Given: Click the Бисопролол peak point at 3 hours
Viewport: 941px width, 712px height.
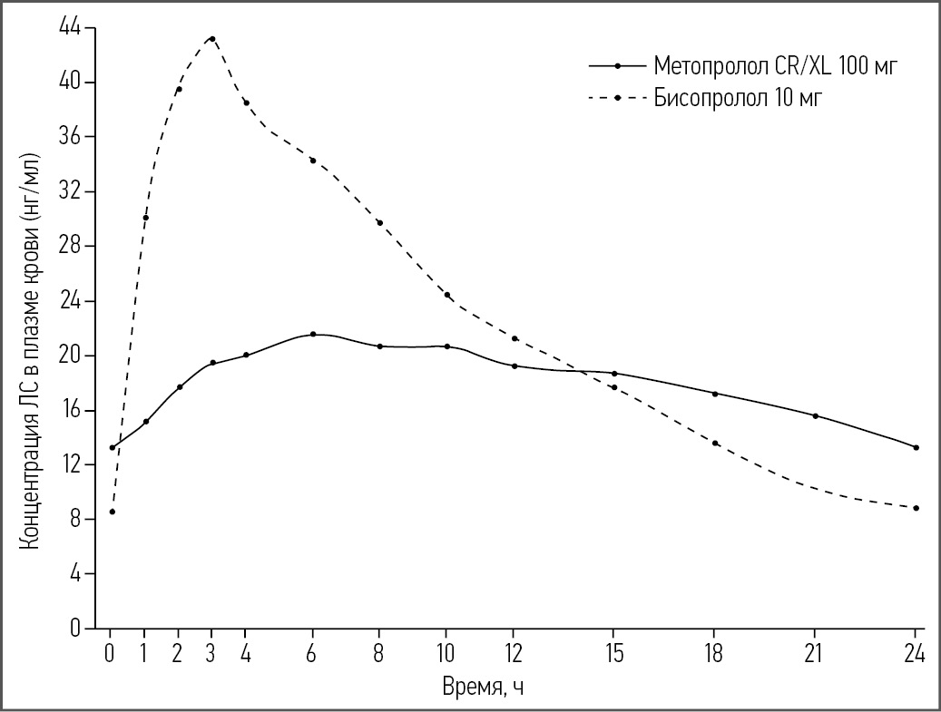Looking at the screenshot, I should [212, 39].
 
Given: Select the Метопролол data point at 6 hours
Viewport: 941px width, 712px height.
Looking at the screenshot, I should [313, 334].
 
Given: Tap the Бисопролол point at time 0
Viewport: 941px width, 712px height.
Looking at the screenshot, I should [112, 512].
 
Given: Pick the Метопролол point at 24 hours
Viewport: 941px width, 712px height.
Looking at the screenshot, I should [916, 447].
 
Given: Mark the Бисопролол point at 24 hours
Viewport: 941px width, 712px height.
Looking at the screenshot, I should [916, 508].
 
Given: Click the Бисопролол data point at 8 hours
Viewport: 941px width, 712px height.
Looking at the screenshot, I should [379, 222].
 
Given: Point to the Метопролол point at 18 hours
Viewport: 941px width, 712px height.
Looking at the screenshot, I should [715, 394].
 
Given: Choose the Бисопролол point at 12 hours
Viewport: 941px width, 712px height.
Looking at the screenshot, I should [515, 338].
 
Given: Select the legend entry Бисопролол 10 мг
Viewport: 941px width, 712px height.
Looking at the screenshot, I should [738, 98].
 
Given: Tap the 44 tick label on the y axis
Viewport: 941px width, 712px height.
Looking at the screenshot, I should [69, 28].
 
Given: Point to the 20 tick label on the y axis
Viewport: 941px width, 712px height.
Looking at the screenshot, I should [69, 356].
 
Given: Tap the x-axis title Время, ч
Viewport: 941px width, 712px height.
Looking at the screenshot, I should [482, 688].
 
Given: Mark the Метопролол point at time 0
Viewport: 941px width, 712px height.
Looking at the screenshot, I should [112, 447].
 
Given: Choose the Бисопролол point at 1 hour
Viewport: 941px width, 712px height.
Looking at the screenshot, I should [145, 218].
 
